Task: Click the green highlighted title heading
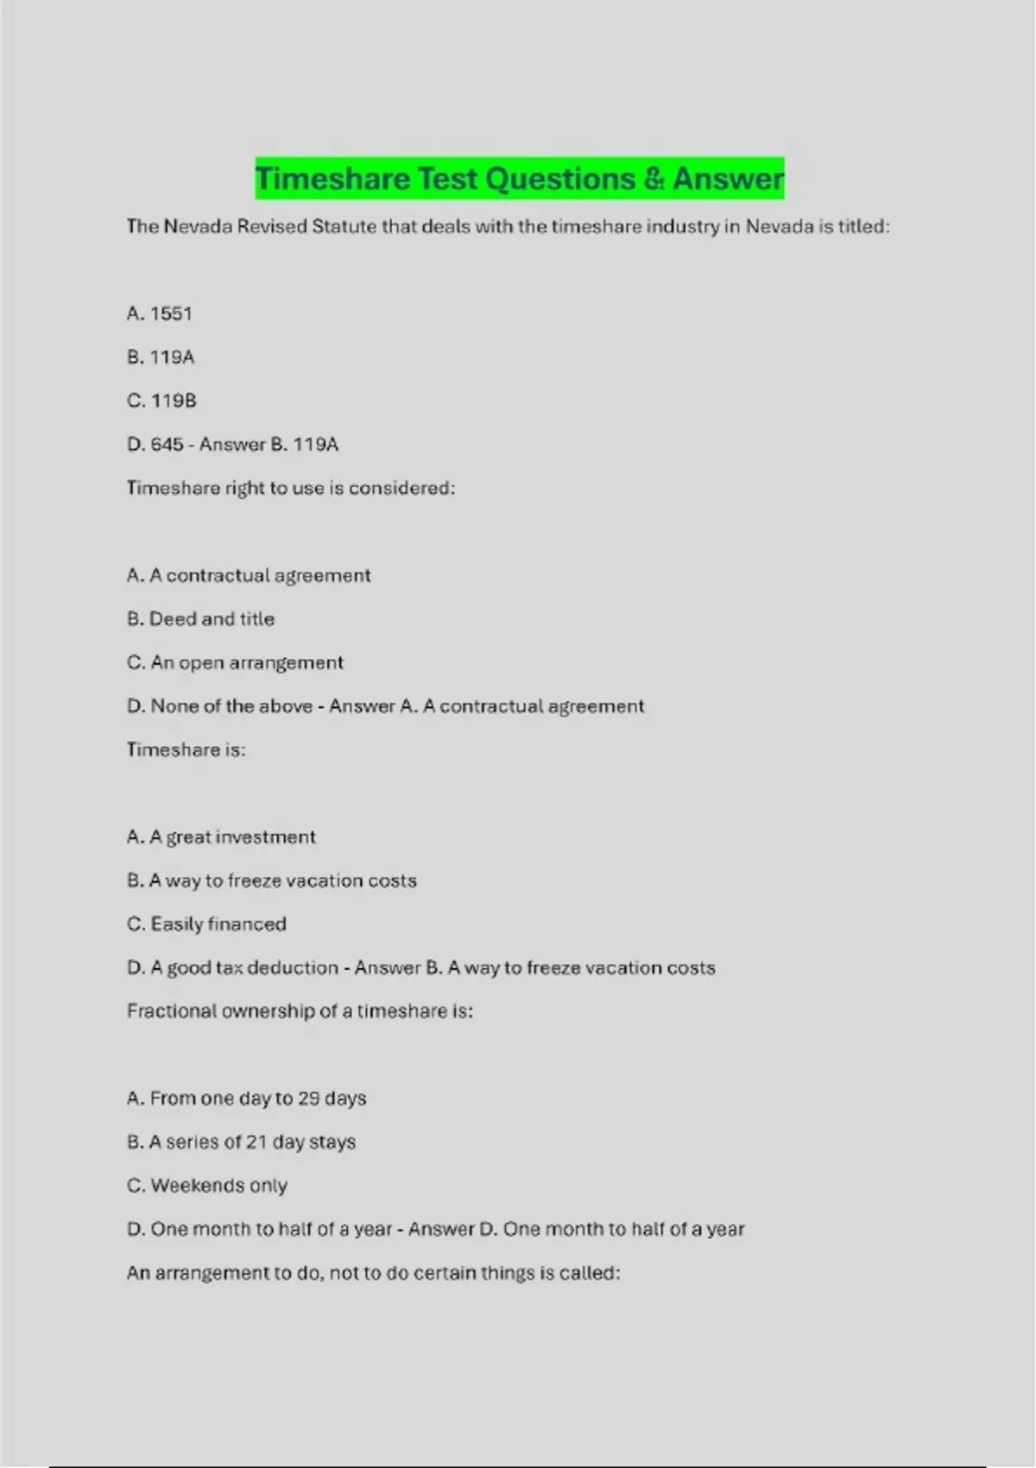(x=519, y=179)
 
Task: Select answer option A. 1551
(x=160, y=313)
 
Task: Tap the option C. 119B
(x=161, y=401)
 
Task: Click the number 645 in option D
(x=167, y=445)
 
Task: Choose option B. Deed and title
(x=200, y=619)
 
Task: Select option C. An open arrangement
(x=235, y=662)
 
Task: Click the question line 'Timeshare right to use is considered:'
(x=290, y=488)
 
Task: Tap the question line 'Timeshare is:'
(x=186, y=750)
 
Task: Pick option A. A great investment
(x=221, y=837)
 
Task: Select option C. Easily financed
(x=206, y=924)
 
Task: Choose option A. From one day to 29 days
(x=246, y=1098)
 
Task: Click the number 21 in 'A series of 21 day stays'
(x=256, y=1142)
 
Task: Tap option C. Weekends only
(x=207, y=1186)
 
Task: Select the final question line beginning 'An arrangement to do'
(x=373, y=1273)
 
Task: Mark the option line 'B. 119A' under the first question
(x=161, y=358)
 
